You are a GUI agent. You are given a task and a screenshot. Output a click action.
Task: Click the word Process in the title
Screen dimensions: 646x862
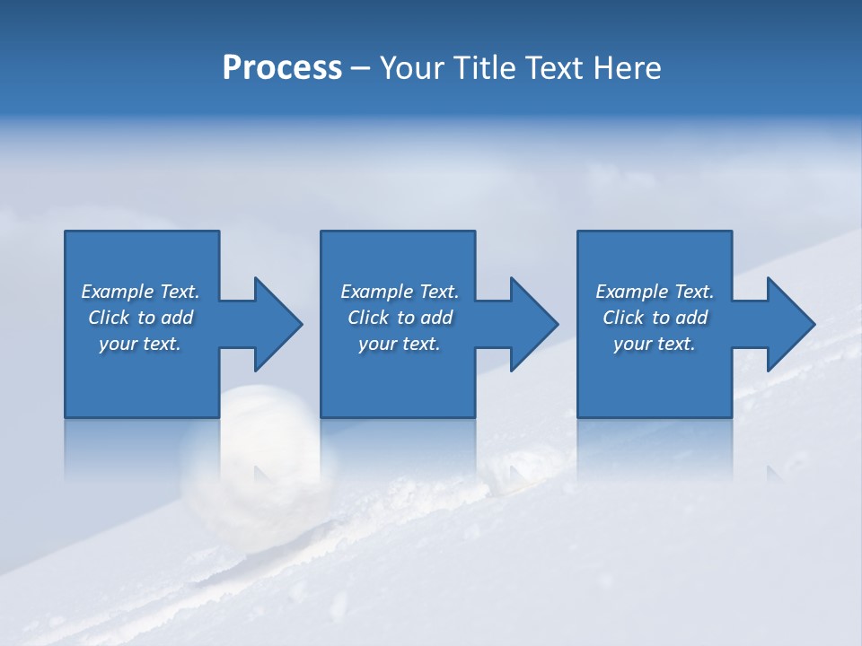282,68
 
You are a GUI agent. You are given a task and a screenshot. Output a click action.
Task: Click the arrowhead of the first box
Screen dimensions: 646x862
275,324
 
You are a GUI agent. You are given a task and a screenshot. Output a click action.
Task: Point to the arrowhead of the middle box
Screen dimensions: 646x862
532,324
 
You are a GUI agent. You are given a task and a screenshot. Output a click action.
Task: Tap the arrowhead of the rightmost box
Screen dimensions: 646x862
788,324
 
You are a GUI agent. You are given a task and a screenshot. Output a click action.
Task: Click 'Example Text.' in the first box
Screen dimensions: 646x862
140,292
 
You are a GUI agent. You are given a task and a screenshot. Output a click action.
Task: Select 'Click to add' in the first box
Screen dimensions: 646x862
140,318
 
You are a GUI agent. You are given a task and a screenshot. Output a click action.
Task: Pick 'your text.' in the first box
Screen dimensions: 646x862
140,344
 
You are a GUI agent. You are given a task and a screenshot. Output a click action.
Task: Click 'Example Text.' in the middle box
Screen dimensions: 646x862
400,292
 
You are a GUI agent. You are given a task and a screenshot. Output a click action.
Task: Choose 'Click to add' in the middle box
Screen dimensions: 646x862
400,318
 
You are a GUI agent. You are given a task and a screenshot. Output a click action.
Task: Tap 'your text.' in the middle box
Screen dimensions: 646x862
400,344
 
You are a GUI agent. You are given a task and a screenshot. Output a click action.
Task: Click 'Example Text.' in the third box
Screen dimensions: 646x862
655,292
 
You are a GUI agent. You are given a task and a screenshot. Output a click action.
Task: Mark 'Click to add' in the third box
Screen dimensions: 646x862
655,318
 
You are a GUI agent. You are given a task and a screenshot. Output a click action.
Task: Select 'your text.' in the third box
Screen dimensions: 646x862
655,344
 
